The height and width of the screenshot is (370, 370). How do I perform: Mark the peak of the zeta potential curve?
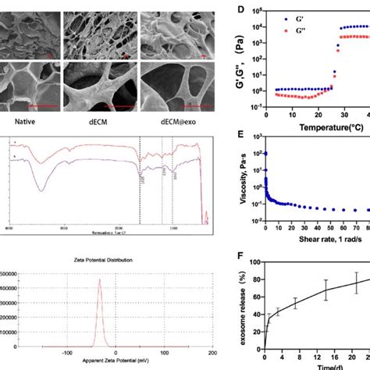pos(99,279)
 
